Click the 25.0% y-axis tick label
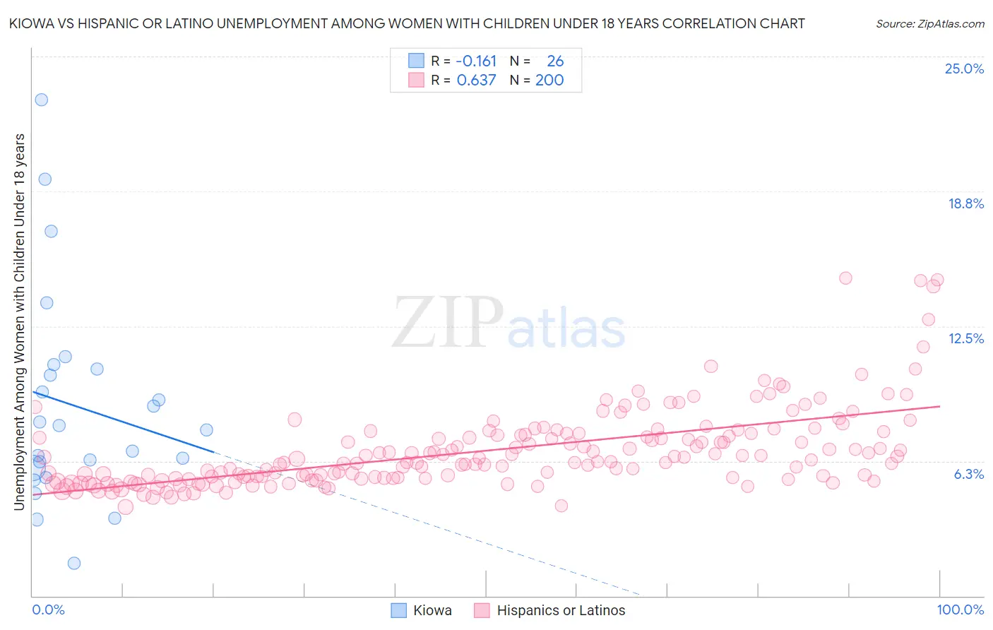point(964,69)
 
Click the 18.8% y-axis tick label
point(965,203)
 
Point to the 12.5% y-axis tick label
point(965,338)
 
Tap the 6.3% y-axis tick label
point(968,474)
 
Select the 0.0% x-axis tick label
point(48,610)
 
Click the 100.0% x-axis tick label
point(960,610)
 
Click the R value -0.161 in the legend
point(476,61)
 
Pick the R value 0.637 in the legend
point(476,80)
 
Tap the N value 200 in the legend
point(549,80)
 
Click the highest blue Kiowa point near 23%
point(42,100)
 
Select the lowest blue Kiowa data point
point(74,563)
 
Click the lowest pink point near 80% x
point(561,505)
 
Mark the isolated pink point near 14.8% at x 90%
point(845,278)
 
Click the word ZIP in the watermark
point(447,323)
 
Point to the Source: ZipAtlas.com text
point(929,23)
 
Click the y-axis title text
point(19,321)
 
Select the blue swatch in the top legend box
point(417,61)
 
